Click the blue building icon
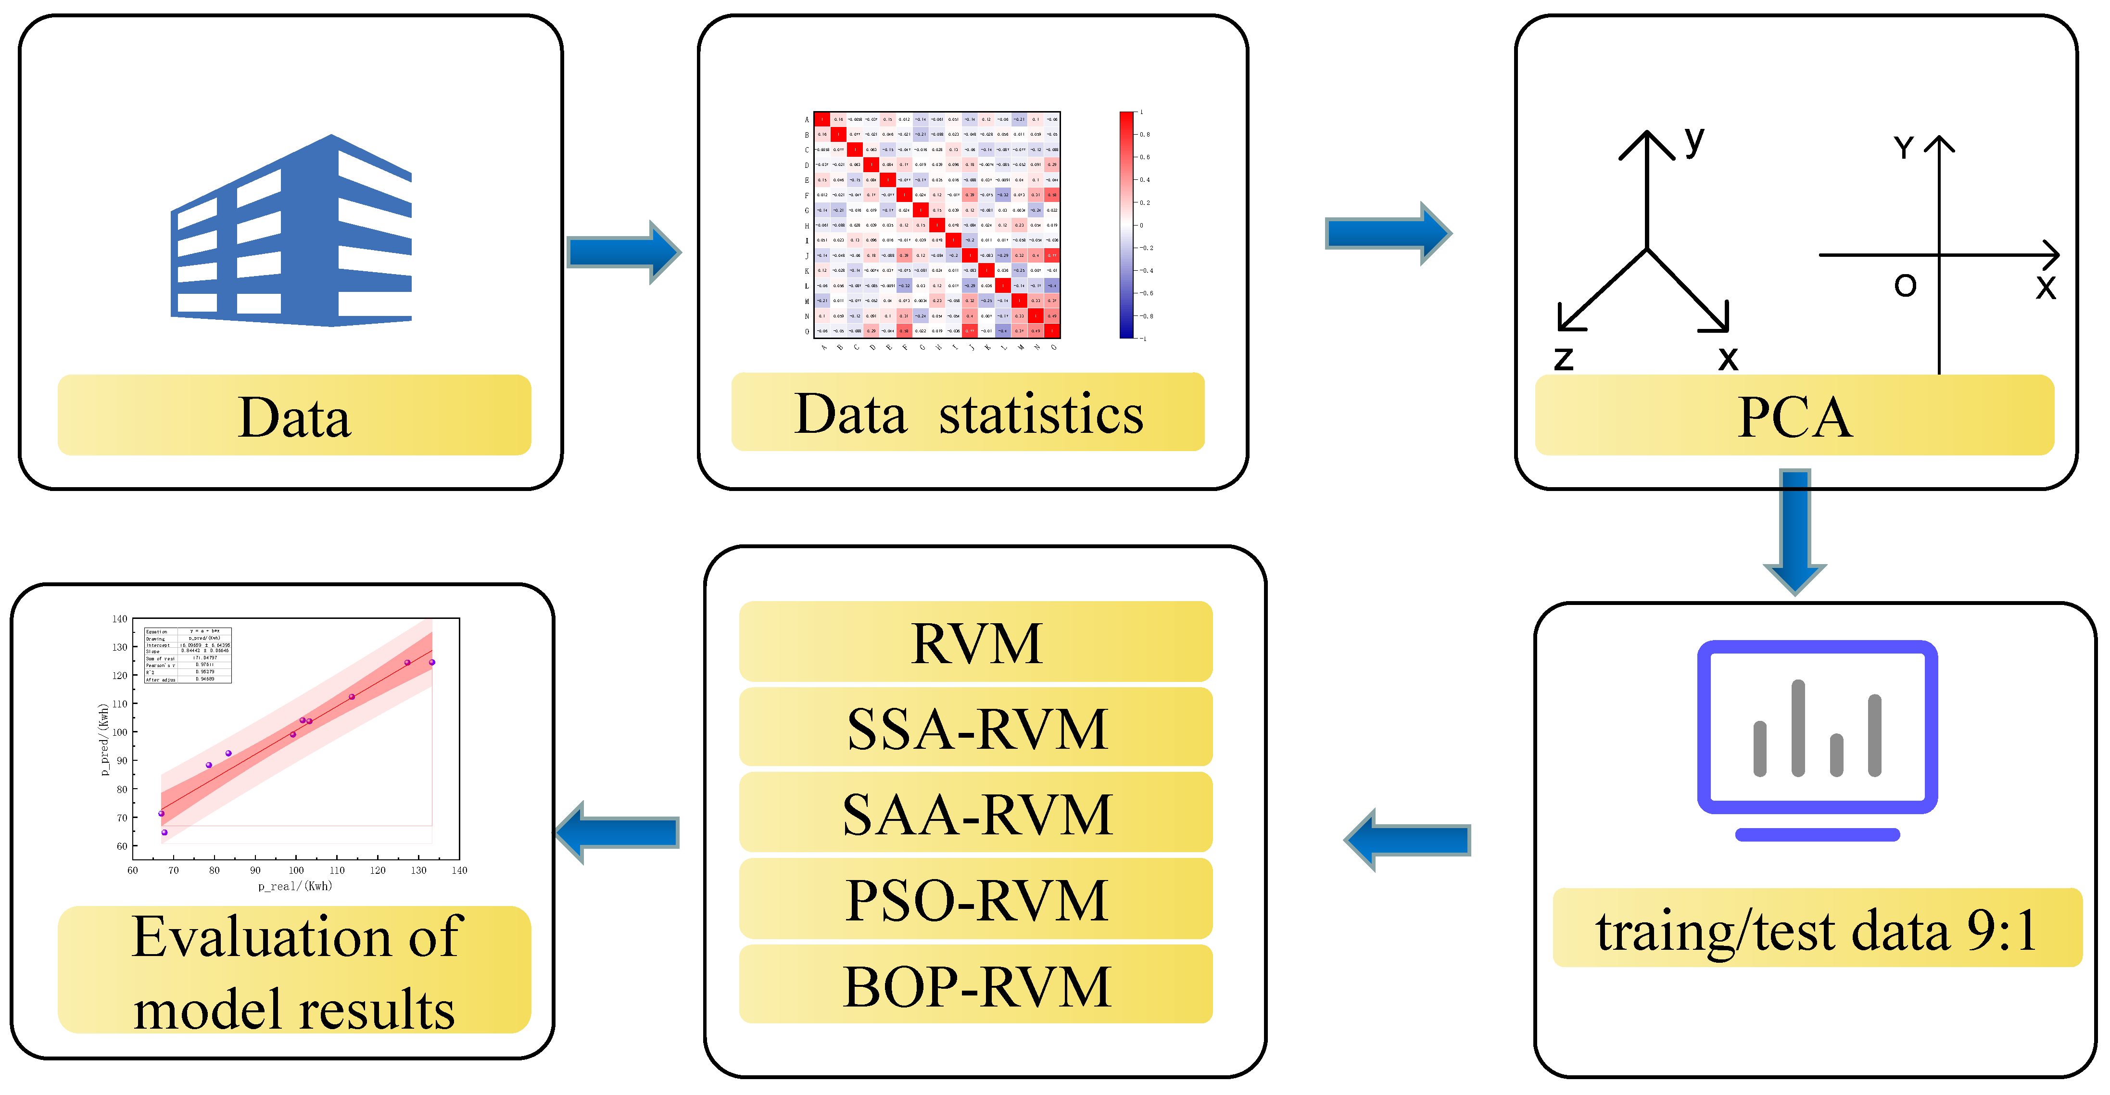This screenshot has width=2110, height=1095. pos(291,232)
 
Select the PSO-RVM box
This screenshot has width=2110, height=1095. pos(975,899)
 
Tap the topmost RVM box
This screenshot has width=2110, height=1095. pos(975,642)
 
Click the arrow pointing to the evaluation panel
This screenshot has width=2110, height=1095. pos(619,832)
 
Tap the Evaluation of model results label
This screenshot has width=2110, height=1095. pos(294,970)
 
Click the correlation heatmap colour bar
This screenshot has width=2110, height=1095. pos(1126,225)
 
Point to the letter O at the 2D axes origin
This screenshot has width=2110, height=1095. pos(1905,286)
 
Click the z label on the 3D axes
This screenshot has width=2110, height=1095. pos(1563,358)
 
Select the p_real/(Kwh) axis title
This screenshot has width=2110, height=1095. pos(295,886)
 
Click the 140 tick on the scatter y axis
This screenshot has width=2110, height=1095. pos(120,619)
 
